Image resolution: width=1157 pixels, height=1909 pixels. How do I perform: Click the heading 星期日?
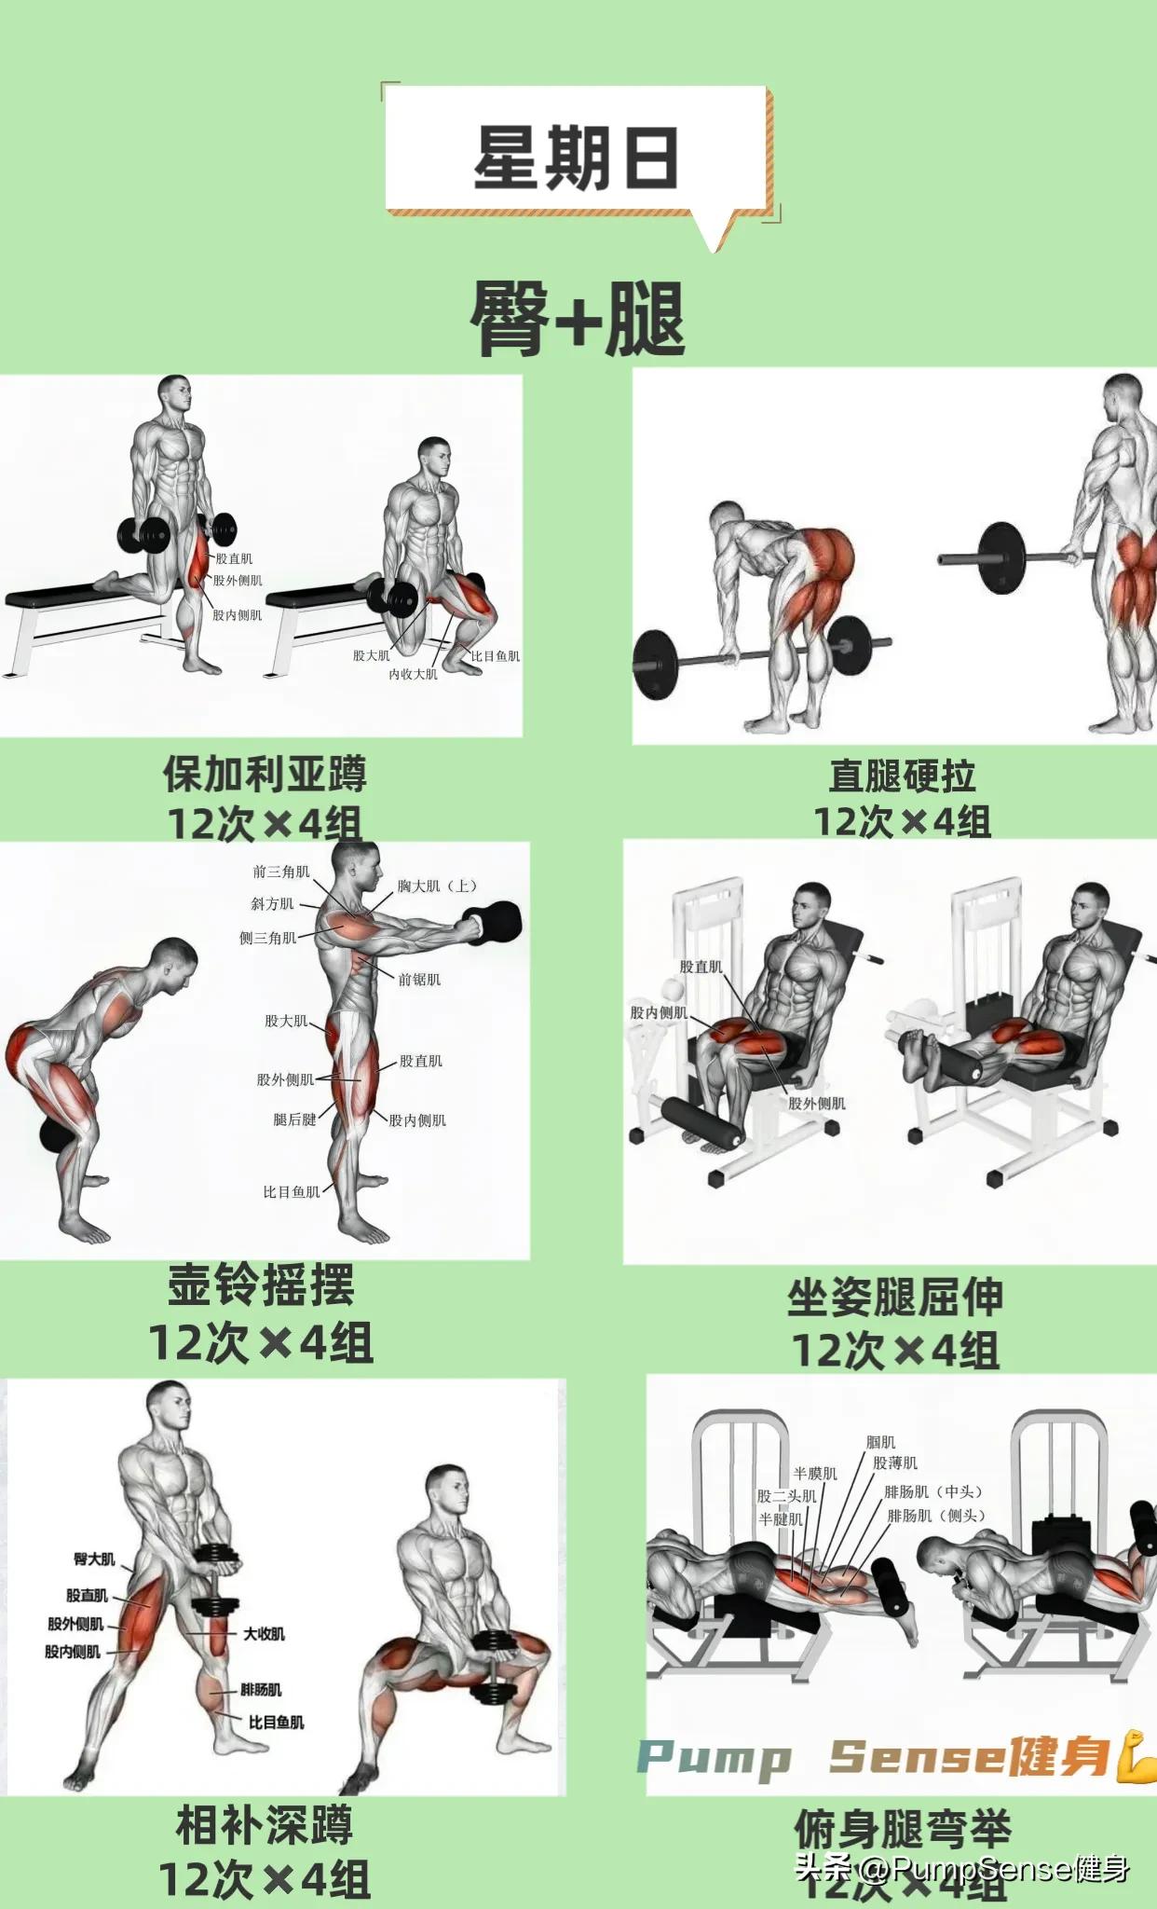point(576,157)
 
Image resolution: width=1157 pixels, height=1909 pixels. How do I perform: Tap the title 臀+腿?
point(578,320)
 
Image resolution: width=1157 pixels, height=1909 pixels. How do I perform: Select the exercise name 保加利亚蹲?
point(265,774)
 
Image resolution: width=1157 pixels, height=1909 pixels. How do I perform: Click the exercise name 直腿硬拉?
point(902,776)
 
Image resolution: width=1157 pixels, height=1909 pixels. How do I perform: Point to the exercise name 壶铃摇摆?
point(261,1286)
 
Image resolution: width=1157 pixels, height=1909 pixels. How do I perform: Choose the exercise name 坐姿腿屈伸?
point(894,1298)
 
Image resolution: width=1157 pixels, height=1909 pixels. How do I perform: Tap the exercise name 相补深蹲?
point(265,1825)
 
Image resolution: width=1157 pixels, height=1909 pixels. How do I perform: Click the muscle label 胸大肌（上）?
point(437,886)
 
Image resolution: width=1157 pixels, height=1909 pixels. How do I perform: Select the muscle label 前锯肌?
point(419,980)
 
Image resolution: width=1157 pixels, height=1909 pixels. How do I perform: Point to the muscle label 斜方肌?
point(272,904)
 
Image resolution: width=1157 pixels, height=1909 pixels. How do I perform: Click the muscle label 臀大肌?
point(95,1559)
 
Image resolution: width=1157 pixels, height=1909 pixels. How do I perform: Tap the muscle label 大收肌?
point(264,1634)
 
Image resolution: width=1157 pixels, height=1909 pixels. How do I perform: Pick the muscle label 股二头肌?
point(786,1496)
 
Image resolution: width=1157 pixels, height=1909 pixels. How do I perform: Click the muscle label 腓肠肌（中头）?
point(933,1492)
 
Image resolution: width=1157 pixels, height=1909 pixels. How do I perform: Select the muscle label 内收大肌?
point(413,674)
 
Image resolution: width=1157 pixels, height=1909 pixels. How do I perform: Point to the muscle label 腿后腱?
point(294,1119)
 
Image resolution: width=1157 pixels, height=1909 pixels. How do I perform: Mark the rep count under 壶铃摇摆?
point(261,1343)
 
